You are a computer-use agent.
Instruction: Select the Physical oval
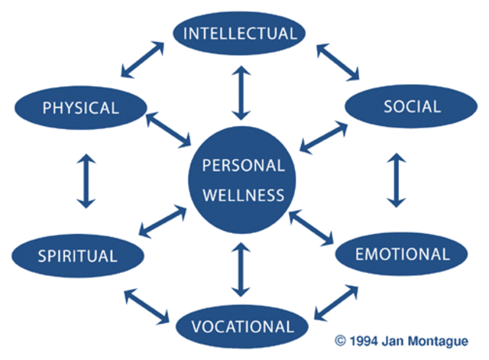coord(80,107)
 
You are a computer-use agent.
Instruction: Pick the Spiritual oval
coord(76,255)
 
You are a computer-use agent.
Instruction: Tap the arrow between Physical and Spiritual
coord(86,181)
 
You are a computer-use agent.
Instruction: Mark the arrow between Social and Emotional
coord(396,181)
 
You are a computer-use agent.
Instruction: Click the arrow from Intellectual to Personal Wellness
coord(241,92)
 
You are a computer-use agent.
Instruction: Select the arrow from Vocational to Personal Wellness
coord(241,269)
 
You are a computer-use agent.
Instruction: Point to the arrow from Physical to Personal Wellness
coord(168,130)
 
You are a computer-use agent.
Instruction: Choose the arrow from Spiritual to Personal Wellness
coord(164,221)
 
